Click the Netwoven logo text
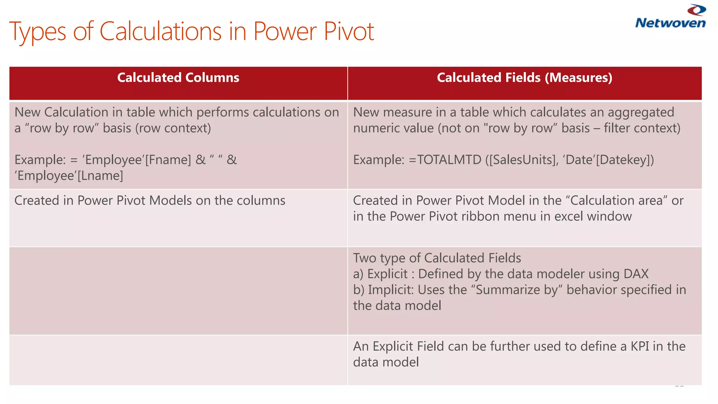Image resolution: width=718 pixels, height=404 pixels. point(670,23)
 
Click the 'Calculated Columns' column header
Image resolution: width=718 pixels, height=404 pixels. point(178,78)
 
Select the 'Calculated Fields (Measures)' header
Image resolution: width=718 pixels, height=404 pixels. point(524,78)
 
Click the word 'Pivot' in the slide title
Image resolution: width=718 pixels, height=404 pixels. point(349,32)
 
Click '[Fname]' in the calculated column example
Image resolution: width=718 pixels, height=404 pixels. point(168,160)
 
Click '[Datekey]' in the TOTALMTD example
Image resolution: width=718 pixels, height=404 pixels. point(625,160)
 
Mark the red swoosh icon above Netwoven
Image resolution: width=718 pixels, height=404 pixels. point(697,10)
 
